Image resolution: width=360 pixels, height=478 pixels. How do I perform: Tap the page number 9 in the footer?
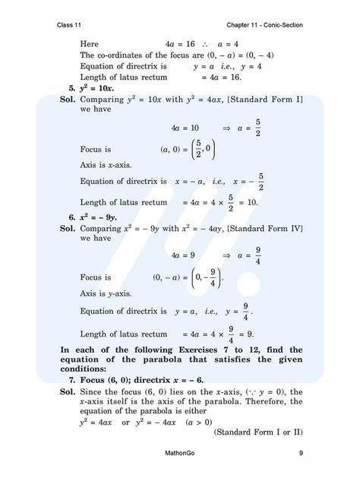[x=302, y=455]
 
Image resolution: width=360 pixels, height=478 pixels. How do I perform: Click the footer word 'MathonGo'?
[x=180, y=455]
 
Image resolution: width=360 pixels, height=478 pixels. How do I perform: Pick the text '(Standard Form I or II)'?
[x=259, y=432]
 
